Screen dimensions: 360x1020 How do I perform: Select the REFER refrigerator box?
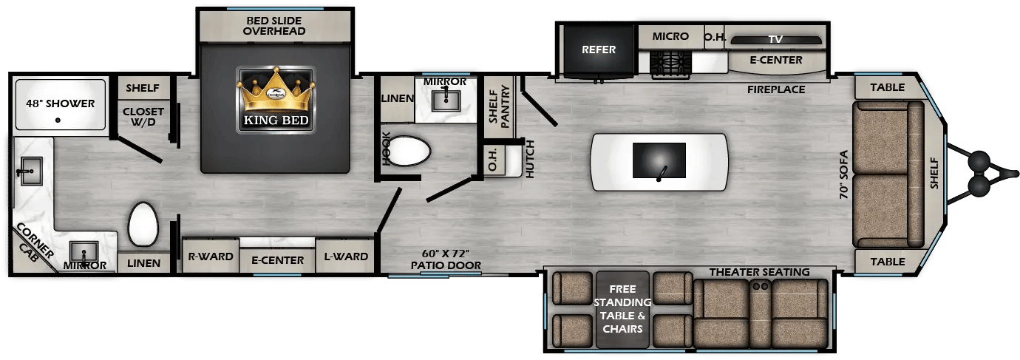(x=598, y=50)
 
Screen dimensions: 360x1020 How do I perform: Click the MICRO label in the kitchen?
(x=670, y=36)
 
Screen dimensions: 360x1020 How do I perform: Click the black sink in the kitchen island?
(x=659, y=160)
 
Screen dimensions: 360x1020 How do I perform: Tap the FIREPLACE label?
(x=775, y=89)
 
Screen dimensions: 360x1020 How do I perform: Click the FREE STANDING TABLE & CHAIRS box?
(x=622, y=308)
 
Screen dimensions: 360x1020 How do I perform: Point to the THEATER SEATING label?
(x=759, y=272)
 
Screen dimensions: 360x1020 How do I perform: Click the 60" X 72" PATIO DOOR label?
(x=446, y=259)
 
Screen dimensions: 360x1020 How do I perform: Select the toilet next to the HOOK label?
(x=409, y=152)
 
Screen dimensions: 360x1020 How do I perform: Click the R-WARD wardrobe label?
(x=211, y=257)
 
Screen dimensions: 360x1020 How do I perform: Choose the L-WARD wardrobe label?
(x=345, y=257)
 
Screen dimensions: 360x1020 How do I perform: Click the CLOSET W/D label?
(x=143, y=118)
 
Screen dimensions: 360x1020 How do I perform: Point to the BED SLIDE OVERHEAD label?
(x=275, y=26)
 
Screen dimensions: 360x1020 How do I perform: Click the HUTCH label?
(x=529, y=158)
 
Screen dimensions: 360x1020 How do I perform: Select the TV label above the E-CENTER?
(x=775, y=38)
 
